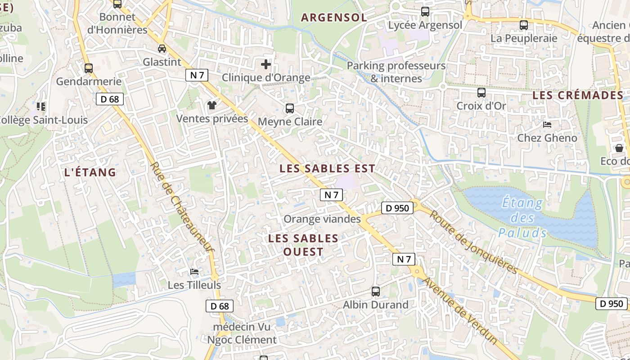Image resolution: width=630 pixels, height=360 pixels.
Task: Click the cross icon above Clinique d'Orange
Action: [266, 64]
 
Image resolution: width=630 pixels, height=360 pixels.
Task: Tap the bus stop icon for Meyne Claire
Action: [290, 108]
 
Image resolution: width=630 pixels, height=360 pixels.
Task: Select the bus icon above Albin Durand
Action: [376, 292]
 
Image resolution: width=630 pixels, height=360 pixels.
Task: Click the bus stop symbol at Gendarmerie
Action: [89, 68]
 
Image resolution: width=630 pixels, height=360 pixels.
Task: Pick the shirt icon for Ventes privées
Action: [212, 106]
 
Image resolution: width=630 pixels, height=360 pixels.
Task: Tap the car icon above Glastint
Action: [162, 49]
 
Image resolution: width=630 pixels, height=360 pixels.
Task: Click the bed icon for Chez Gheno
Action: [547, 125]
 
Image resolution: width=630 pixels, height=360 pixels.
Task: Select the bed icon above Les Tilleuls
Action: [194, 272]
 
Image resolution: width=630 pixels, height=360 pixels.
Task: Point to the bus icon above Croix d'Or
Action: [481, 93]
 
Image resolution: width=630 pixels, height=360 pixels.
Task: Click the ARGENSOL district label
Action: [334, 18]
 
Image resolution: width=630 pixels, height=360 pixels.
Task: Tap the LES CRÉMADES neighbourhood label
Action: [578, 95]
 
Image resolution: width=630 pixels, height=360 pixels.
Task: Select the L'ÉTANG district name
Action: [90, 172]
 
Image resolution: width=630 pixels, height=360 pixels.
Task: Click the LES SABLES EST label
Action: [327, 169]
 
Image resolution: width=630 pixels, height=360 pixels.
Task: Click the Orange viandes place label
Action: [322, 219]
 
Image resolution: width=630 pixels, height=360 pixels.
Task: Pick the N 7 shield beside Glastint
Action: [197, 75]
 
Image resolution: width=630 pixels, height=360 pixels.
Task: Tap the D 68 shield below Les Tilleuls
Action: [220, 306]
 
